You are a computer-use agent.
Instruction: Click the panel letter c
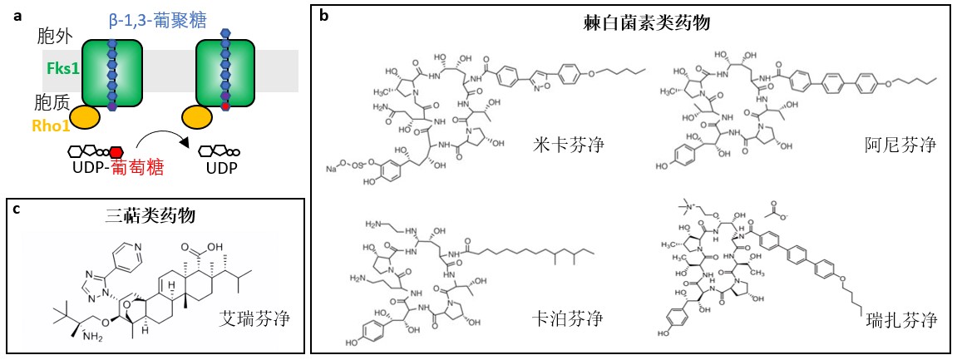pos(17,208)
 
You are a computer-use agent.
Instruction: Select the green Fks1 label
pos(64,70)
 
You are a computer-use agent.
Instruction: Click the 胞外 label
pos(55,38)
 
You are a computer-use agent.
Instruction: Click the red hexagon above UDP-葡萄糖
pos(116,152)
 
